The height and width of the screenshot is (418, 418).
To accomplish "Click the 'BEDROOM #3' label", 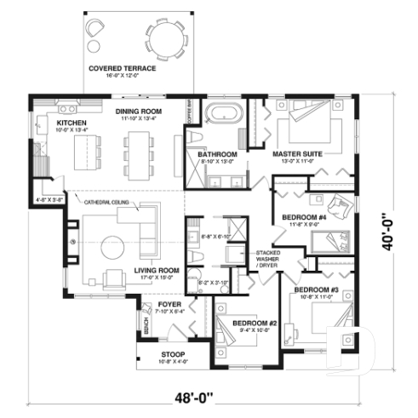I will point(317,290).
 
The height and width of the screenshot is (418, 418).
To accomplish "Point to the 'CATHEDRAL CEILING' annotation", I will point(106,202).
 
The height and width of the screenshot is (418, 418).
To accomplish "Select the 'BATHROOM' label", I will point(216,154).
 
